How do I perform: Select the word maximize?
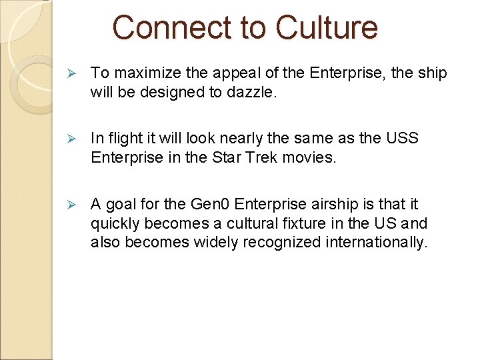click(x=142, y=73)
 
